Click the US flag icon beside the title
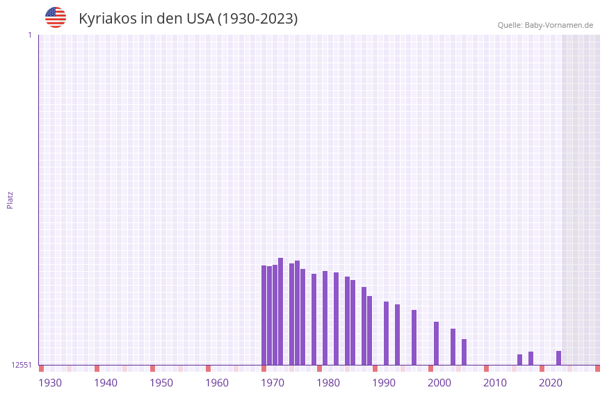coord(56,17)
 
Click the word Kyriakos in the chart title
coord(108,19)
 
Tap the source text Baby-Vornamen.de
coord(558,26)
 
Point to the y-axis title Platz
coord(10,199)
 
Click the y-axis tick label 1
coord(29,35)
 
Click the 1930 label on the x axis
coord(50,383)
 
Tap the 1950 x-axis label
coord(161,383)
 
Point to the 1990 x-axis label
coord(384,383)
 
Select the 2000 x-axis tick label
coord(439,383)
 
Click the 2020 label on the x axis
coord(551,383)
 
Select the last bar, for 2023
coord(558,358)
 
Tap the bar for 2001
coord(436,343)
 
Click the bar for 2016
coord(519,359)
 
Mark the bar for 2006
coord(464,352)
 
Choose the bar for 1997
coord(414,337)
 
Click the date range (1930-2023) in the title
coord(257,19)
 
